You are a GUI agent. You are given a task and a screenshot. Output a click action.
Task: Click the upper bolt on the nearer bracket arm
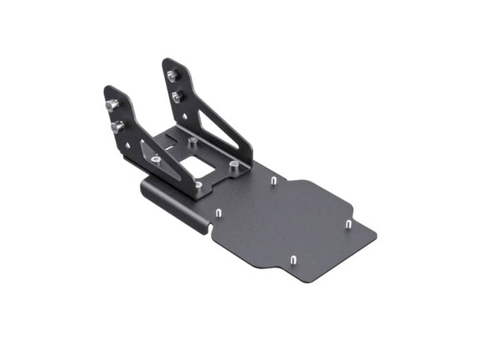pyautogui.click(x=112, y=105)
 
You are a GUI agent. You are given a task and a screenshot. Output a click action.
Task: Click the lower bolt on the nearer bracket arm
pyautogui.click(x=117, y=126)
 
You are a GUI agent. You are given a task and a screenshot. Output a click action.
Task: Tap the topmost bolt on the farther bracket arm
pyautogui.click(x=172, y=75)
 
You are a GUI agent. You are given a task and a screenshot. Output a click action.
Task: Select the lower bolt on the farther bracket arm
pyautogui.click(x=177, y=96)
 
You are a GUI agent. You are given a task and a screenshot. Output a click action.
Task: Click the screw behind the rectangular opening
pyautogui.click(x=193, y=140)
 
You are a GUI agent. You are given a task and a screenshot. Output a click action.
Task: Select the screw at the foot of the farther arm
pyautogui.click(x=234, y=164)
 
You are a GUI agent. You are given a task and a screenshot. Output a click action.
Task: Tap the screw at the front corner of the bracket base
pyautogui.click(x=198, y=184)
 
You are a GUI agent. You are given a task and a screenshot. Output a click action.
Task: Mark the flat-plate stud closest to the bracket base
pyautogui.click(x=274, y=181)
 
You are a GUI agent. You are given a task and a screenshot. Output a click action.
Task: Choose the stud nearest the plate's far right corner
pyautogui.click(x=348, y=223)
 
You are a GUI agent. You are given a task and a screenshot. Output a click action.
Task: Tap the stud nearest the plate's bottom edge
pyautogui.click(x=292, y=260)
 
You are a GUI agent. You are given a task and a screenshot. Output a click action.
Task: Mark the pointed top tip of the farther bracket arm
pyautogui.click(x=167, y=62)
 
